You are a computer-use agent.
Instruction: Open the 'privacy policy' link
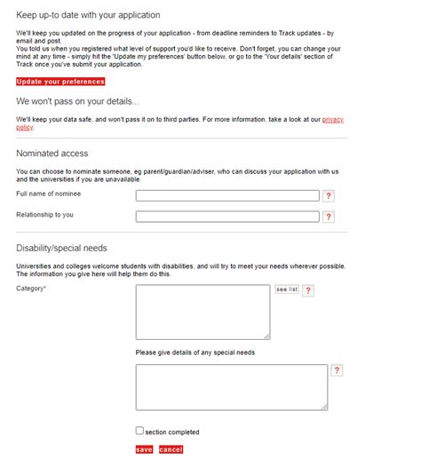tap(333, 118)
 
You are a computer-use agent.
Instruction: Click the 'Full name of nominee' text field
tap(227, 195)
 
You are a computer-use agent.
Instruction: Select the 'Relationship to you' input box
tap(227, 216)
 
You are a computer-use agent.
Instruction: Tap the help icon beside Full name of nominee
tap(329, 196)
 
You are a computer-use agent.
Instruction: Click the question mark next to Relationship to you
tap(329, 217)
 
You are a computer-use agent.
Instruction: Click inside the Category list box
tap(203, 312)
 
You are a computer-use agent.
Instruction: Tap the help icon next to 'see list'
tap(308, 290)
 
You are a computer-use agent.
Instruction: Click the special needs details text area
tap(231, 387)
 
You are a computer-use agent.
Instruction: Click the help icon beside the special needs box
tap(337, 370)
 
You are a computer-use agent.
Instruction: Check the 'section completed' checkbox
tap(139, 431)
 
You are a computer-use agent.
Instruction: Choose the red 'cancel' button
tap(171, 450)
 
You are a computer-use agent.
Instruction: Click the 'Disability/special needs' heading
tap(61, 248)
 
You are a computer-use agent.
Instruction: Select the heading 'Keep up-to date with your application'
tap(88, 15)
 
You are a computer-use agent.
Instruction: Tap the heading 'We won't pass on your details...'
tap(77, 101)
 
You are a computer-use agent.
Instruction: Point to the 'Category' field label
tap(30, 289)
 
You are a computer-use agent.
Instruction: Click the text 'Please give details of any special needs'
tap(195, 352)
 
